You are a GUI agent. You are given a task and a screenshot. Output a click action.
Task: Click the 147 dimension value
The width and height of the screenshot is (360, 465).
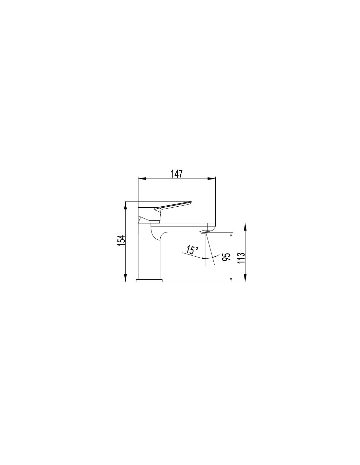click(176, 174)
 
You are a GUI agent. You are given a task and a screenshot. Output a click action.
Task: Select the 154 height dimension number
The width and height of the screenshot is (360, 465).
click(121, 240)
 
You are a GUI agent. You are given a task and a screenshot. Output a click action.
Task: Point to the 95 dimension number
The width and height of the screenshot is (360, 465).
click(226, 257)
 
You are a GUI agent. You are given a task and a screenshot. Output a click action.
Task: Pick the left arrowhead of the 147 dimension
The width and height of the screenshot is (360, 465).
click(142, 178)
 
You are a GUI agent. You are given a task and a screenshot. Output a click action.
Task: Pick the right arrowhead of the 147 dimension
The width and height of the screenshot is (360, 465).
click(212, 178)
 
